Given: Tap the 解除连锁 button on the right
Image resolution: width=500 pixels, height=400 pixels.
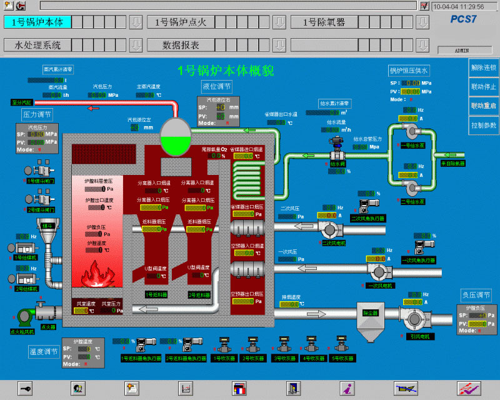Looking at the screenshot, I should tap(483, 67).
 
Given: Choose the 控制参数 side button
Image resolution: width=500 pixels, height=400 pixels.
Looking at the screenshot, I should tap(483, 125).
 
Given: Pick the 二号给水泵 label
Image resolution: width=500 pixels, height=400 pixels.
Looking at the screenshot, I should tap(412, 202).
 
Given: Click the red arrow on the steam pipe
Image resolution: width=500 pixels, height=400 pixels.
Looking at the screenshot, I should tap(94, 107).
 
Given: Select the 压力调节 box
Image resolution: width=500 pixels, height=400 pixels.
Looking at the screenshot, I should tap(37, 115).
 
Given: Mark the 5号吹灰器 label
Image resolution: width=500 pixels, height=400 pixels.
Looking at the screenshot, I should tap(341, 358).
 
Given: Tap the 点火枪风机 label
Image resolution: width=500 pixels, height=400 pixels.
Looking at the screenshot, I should tap(21, 332).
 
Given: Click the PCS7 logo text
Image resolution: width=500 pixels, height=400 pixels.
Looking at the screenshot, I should tap(464, 19).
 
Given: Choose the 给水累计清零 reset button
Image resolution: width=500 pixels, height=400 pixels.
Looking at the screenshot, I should tap(334, 102).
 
